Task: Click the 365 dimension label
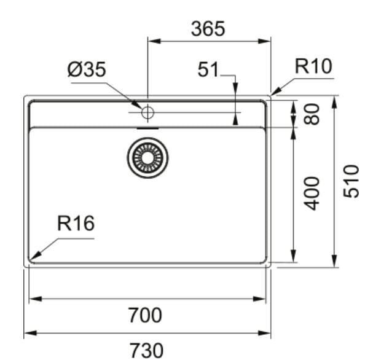(x=208, y=29)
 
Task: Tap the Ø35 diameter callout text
(x=87, y=69)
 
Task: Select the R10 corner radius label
(x=313, y=66)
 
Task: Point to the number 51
(x=208, y=69)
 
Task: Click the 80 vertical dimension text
(x=312, y=114)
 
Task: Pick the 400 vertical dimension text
(x=312, y=194)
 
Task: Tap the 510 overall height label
(x=351, y=181)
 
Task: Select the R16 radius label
(x=76, y=223)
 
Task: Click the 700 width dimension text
(x=145, y=315)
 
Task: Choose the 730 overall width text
(x=146, y=350)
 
